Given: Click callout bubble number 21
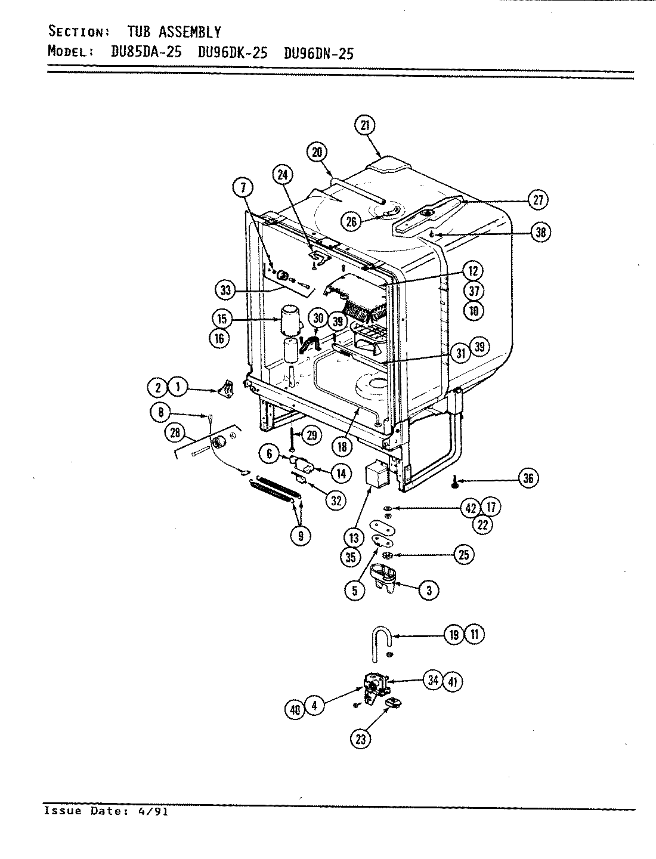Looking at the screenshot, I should point(365,125).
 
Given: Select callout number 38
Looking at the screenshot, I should point(540,232).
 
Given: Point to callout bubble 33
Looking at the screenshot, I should point(225,291).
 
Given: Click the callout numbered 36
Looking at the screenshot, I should point(528,478).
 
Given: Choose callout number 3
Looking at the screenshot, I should point(428,591).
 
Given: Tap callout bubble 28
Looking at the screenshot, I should point(175,433).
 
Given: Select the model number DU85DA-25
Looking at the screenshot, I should point(142,52).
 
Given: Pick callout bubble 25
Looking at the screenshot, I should point(463,555).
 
